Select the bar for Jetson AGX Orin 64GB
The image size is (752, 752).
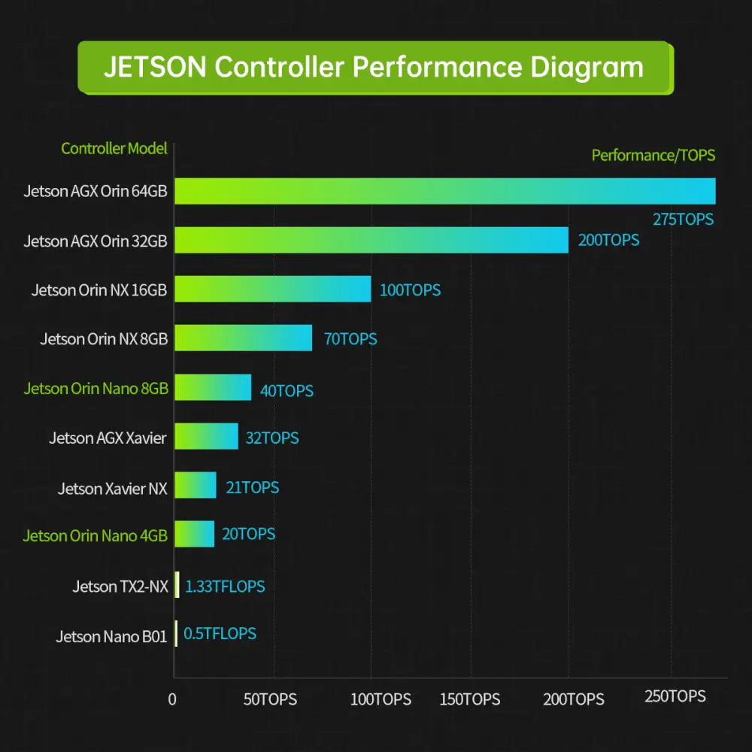click(444, 191)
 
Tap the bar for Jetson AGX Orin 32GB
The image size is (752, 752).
click(371, 240)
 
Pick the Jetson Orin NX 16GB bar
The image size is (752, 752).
click(272, 289)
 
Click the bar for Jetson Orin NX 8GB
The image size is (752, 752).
click(243, 338)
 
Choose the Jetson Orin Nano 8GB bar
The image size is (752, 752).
click(213, 387)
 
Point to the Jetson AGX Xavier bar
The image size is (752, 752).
click(206, 436)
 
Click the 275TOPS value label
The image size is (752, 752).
click(682, 220)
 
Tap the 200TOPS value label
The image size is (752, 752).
click(608, 240)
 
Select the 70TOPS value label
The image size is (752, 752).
click(350, 338)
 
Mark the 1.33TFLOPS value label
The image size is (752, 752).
click(225, 586)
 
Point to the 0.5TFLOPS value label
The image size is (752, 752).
click(220, 633)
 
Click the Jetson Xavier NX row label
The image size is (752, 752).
click(112, 489)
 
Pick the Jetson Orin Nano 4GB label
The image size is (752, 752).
click(95, 536)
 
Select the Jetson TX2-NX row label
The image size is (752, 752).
click(120, 587)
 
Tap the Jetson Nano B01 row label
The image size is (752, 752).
click(111, 637)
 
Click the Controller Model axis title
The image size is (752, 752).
click(114, 148)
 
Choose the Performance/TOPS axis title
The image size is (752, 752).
click(653, 156)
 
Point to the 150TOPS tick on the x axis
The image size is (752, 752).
click(470, 699)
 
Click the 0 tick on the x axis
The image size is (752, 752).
click(172, 699)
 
